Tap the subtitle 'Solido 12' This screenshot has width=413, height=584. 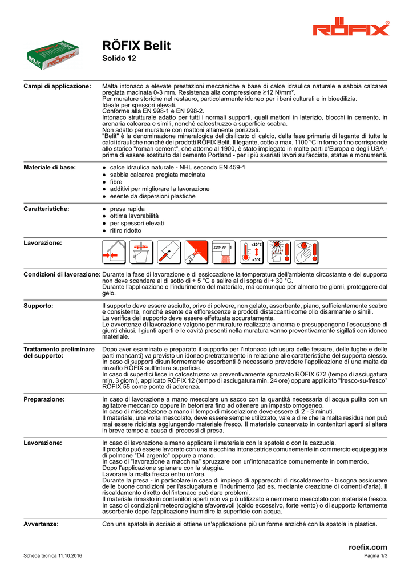[x=119, y=59]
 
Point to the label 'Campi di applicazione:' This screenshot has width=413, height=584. [x=57, y=86]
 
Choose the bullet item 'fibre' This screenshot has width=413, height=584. [x=116, y=182]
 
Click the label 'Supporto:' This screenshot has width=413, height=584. [x=39, y=306]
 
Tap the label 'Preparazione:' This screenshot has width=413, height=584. [x=44, y=399]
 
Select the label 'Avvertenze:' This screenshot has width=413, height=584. [x=41, y=524]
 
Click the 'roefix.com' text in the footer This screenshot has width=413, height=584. [x=367, y=547]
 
